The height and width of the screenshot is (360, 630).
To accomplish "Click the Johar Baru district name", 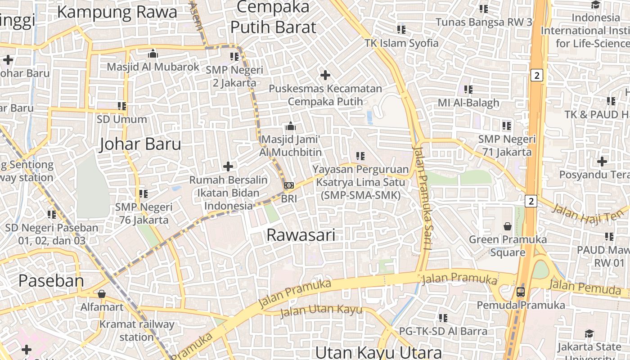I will point(140,144).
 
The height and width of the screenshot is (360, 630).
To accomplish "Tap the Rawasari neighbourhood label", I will point(301,235).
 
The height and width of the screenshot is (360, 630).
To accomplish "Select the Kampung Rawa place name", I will point(117,12).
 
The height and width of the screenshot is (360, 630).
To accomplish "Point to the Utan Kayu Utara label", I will point(378,352).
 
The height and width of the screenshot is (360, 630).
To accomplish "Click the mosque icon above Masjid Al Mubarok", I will point(153,54).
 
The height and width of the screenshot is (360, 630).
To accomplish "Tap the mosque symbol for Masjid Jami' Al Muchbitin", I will point(290,126).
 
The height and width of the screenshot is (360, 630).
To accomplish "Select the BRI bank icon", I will point(289,185).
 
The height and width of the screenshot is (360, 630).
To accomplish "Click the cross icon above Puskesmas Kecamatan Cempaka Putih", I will point(325,75).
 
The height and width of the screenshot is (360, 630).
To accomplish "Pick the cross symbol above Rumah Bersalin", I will point(228,166).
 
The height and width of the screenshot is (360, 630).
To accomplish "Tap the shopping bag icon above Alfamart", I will point(102,294).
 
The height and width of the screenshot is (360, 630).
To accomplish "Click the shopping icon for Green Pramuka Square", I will point(508,226).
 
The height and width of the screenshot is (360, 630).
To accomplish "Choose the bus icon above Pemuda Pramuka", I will point(521,292).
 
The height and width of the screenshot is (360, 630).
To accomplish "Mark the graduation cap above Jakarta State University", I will point(589,333).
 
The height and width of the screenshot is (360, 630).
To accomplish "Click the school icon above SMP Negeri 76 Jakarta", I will point(144,194).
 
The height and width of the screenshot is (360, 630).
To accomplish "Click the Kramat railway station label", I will point(136,330).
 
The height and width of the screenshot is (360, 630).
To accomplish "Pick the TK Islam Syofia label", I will point(401,43).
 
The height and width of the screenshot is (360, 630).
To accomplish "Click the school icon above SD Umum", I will point(122,106).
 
